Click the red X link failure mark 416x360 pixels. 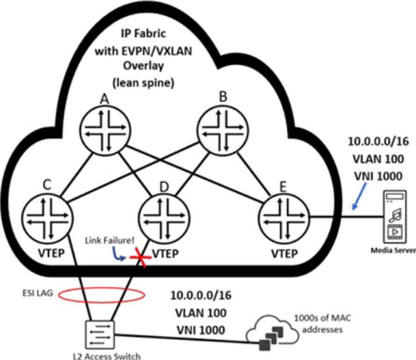(x=140, y=258)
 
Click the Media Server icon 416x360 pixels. (x=395, y=215)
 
